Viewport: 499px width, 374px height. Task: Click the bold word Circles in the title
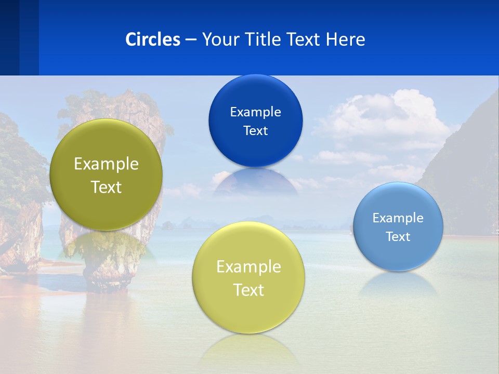tap(153, 39)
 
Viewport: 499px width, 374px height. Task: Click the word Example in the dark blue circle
tap(255, 112)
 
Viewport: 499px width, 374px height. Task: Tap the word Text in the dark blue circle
tap(255, 130)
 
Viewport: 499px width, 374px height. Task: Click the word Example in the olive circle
tap(106, 164)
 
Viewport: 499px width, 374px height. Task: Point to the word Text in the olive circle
tap(106, 187)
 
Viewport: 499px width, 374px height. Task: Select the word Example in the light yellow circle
tap(248, 267)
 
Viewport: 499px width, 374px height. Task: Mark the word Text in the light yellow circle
tap(248, 290)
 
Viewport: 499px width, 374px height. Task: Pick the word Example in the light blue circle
tap(398, 218)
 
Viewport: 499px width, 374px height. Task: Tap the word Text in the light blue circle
tap(398, 237)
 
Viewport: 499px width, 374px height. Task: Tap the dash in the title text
tap(191, 40)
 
